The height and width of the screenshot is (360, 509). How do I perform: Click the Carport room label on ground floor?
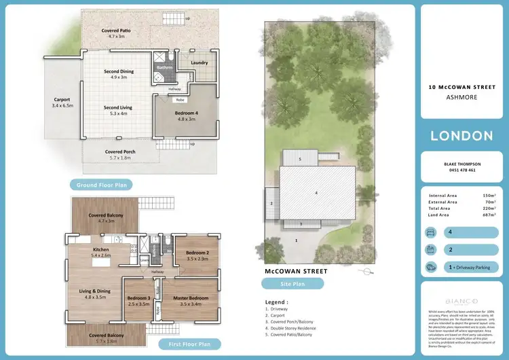[62, 100]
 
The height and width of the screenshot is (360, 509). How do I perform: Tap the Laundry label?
[199, 63]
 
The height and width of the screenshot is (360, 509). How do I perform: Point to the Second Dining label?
[119, 71]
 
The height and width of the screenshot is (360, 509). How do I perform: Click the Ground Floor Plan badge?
[100, 184]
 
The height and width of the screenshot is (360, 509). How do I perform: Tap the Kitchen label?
[100, 250]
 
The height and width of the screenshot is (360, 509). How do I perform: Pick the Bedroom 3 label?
[138, 298]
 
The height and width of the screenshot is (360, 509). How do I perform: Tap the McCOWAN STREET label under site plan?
[296, 271]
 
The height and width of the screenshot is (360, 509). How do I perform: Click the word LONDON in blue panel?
[461, 136]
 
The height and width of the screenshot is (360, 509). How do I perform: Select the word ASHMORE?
[461, 97]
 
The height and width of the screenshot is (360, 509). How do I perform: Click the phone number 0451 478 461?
[461, 170]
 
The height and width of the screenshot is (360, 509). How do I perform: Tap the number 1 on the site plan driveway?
[296, 240]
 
